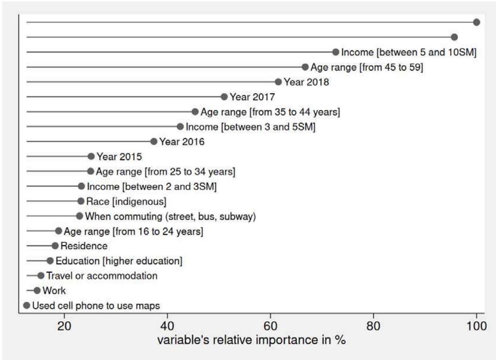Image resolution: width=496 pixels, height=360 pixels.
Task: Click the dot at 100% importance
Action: point(476,22)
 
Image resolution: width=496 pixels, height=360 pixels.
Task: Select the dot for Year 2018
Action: point(278,82)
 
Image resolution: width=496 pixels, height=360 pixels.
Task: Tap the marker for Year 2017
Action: point(224,97)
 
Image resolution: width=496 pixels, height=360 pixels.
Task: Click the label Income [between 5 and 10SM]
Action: point(409,52)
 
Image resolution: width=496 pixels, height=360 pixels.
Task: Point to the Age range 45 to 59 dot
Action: point(305,67)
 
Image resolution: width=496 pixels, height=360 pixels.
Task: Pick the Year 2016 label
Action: point(182,142)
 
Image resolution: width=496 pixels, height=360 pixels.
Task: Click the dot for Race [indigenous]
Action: point(81,201)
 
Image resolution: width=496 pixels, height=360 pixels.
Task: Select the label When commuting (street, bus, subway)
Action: point(170,216)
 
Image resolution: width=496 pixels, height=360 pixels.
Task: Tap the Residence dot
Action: point(55,246)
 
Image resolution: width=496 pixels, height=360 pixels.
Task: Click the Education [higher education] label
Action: point(119,261)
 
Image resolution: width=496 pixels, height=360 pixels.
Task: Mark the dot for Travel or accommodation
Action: point(41,276)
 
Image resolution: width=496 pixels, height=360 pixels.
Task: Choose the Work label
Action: point(54,291)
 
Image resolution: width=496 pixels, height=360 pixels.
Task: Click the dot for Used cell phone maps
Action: point(26,305)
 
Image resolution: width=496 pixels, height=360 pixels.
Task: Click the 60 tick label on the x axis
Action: point(271,327)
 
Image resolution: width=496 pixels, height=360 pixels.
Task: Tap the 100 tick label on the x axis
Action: point(476,327)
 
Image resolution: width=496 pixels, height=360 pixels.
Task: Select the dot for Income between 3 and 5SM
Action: point(180,127)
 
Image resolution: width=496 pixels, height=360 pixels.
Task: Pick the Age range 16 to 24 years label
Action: point(133,231)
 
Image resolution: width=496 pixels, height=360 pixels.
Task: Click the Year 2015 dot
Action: point(91,156)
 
